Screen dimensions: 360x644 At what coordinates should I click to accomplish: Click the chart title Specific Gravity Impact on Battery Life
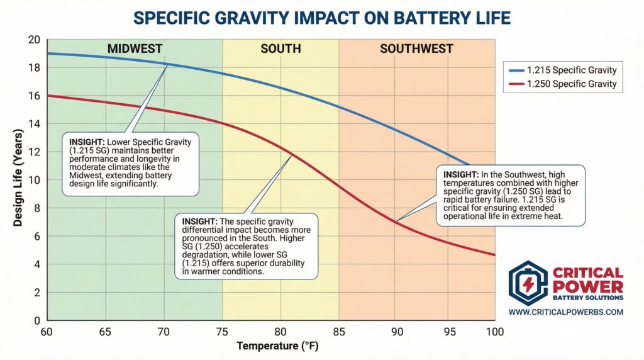(x=322, y=16)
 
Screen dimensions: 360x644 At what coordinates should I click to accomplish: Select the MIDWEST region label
(x=135, y=48)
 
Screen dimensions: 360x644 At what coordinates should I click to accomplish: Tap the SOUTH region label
(x=280, y=48)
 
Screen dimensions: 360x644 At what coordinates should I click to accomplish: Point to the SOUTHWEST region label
(x=416, y=48)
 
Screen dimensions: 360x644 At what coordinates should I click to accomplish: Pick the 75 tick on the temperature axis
(x=223, y=332)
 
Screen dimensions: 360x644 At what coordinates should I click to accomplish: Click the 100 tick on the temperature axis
(x=494, y=332)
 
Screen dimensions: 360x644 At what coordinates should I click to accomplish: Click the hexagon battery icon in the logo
(x=528, y=283)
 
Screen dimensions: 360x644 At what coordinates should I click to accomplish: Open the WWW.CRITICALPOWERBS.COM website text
(x=565, y=312)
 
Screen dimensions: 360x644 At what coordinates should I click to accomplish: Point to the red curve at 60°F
(x=48, y=96)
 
